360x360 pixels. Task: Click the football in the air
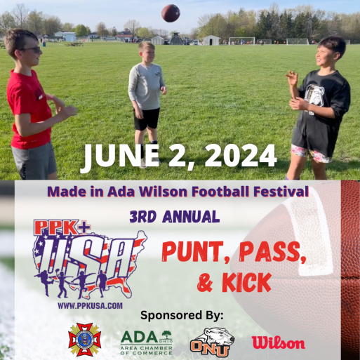tap(171, 13)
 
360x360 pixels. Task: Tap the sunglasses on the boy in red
tap(32, 50)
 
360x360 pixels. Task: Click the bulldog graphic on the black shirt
tap(314, 95)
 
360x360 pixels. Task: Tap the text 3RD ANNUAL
tap(175, 217)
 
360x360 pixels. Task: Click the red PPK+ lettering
tap(62, 227)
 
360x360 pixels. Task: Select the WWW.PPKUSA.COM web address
tap(90, 306)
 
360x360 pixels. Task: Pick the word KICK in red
tap(246, 283)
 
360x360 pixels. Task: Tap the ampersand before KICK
tap(205, 283)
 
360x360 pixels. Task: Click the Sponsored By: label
tap(182, 315)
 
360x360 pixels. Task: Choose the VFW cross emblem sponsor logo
tap(84, 339)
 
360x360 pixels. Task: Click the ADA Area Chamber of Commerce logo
tap(147, 342)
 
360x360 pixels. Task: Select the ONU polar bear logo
tap(212, 342)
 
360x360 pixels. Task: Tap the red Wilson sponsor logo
tap(279, 342)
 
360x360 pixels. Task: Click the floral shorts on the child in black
tap(310, 154)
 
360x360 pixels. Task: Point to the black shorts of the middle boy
tap(147, 119)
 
